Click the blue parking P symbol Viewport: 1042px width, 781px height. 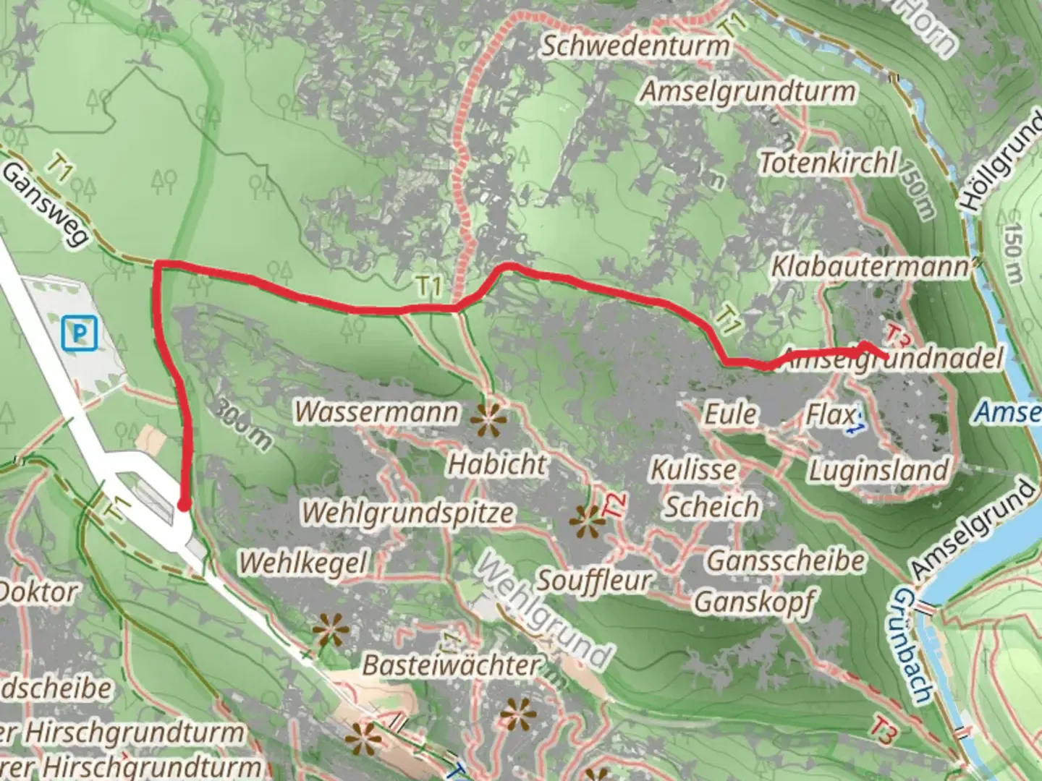coord(79,333)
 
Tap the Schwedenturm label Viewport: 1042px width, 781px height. coord(636,46)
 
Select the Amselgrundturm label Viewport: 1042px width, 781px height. coord(748,92)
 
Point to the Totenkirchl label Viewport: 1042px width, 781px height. coord(829,163)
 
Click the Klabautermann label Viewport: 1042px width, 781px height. coord(870,266)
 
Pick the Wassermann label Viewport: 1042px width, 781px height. coord(376,411)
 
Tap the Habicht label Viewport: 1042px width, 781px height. coord(497,464)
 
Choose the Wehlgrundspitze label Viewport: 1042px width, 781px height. coord(407,512)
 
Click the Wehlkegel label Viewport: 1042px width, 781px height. coord(304,562)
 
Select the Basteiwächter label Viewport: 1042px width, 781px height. coord(451,665)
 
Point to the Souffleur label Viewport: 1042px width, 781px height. coord(593,580)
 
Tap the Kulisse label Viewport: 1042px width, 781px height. coord(693,469)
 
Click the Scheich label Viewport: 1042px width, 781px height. coord(712,507)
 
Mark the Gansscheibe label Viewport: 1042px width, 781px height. coord(786,560)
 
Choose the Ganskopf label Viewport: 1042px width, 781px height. coord(754,601)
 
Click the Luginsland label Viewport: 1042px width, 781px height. coord(878,471)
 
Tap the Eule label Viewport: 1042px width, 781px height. coord(731,414)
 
